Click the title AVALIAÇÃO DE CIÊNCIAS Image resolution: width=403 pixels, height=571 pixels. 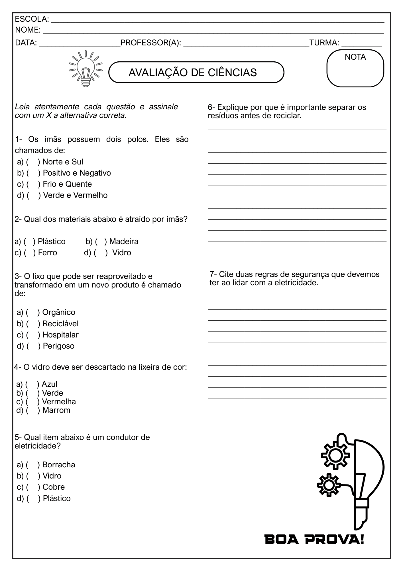click(193, 73)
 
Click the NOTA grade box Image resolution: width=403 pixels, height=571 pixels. click(355, 69)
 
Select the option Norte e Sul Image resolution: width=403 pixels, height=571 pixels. click(62, 162)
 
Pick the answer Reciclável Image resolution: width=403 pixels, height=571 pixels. click(60, 324)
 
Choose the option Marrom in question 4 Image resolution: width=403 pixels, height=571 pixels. click(56, 410)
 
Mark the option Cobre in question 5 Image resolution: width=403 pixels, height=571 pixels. click(53, 487)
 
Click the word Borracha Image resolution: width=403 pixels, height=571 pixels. click(58, 465)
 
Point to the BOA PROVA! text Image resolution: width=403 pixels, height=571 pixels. click(314, 540)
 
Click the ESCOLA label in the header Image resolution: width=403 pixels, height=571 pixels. click(32, 19)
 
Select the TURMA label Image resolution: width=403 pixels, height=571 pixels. click(324, 43)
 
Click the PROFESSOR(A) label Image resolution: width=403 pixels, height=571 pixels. click(151, 43)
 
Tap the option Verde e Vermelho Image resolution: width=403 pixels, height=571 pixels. click(75, 195)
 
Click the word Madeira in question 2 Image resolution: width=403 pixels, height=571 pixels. click(124, 242)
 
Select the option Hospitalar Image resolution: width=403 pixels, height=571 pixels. click(60, 335)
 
